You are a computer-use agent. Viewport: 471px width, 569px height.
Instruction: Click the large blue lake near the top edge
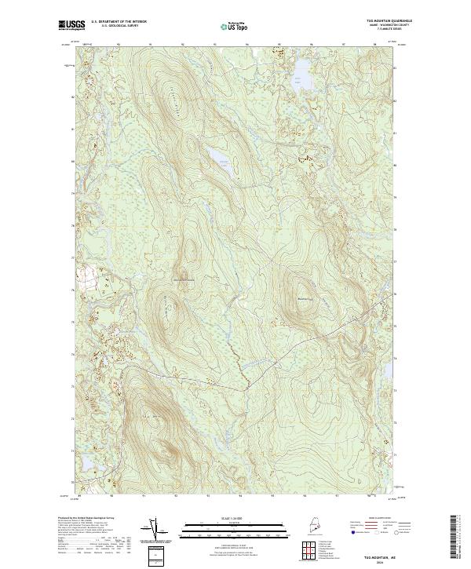(x=301, y=72)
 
